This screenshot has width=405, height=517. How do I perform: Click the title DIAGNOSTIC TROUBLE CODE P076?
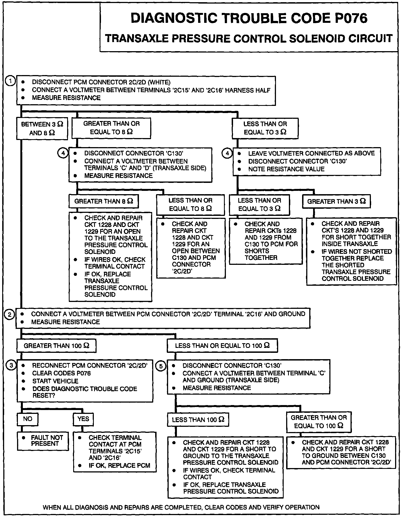pos(249,18)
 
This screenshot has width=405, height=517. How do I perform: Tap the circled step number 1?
pos(11,81)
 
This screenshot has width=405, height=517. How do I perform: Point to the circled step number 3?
pos(11,365)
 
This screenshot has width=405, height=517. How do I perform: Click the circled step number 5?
pos(161,366)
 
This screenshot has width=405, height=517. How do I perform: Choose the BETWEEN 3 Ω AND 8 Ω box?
pos(42,128)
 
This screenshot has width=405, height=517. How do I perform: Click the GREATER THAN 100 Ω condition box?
pos(56,346)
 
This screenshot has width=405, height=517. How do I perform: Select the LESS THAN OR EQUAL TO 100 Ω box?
pos(222,346)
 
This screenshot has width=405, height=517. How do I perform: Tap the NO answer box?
pos(28,419)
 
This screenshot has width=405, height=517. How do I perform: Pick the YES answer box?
pos(83,419)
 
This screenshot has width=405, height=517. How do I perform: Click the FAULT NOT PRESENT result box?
pos(43,441)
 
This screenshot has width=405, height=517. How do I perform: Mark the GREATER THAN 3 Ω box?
pos(336,201)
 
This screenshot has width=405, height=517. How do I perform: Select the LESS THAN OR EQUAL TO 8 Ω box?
pos(190,205)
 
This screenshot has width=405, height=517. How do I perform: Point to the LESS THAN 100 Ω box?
pos(198,420)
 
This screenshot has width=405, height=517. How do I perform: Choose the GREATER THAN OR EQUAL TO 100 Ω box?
pos(319,422)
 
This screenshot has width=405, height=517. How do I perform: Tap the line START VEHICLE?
pos(55,381)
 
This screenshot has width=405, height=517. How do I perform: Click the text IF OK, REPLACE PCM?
pos(119,466)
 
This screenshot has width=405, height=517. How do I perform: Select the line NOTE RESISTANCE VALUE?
pos(286,169)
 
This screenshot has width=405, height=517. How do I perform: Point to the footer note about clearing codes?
pos(181,507)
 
